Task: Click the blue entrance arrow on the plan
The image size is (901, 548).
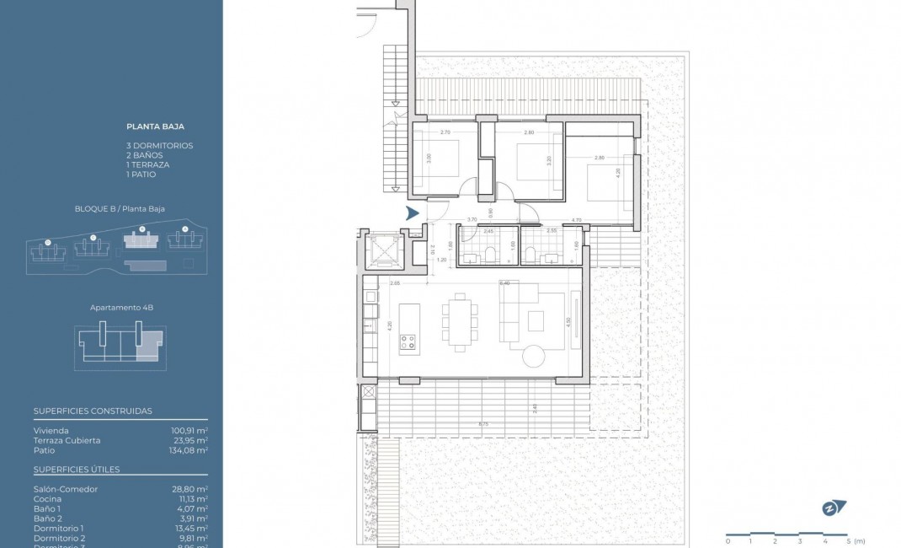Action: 413,213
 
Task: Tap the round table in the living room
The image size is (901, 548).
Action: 535,356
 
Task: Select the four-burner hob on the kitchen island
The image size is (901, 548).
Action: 408,341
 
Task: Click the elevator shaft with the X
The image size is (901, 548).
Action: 381,250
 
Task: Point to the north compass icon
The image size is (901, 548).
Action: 833,508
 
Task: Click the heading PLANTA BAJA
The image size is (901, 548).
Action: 155,126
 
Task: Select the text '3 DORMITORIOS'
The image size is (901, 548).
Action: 159,146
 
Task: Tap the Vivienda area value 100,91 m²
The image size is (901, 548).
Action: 189,430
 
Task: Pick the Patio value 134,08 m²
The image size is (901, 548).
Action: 189,450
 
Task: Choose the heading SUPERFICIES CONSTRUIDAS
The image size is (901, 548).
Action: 93,411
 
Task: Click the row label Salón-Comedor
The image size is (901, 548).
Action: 66,489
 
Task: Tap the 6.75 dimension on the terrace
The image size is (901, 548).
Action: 482,424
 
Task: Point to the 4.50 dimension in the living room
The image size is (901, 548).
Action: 568,320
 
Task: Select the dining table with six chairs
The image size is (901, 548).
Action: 460,321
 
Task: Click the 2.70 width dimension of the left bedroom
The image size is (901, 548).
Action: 446,132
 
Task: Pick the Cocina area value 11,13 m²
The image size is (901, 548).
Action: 190,499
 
